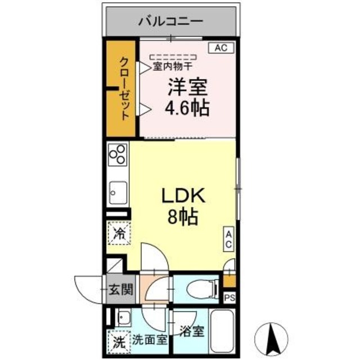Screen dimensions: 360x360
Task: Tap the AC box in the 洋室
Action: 221,48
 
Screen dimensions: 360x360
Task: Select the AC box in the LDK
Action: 229,238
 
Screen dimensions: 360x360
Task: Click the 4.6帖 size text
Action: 187,107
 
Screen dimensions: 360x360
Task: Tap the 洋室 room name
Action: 187,87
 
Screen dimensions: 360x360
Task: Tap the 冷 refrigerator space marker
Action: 119,232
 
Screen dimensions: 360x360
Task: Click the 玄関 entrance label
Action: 120,290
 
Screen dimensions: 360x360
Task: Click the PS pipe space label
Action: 229,298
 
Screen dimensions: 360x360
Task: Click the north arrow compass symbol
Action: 272,337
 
